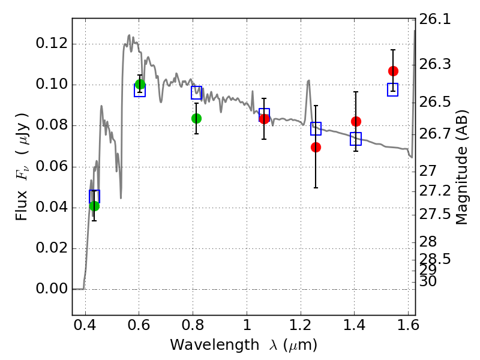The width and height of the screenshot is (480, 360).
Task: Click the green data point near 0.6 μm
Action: tap(140, 84)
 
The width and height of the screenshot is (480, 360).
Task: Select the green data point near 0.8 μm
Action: tap(197, 118)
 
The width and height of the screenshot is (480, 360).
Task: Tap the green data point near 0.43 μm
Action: tap(95, 206)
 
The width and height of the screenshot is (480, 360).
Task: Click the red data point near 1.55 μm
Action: tap(393, 71)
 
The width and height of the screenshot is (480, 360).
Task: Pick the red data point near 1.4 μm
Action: tap(356, 122)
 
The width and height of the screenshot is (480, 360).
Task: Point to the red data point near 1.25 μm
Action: tap(316, 147)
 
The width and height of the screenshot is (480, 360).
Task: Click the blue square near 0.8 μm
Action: tap(197, 92)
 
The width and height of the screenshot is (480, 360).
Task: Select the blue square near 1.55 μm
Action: tap(392, 89)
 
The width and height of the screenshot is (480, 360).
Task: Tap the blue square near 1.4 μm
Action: tap(356, 139)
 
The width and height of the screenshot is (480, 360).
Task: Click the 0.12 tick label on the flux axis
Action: tap(52, 43)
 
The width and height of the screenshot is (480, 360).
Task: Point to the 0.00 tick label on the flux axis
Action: tap(52, 289)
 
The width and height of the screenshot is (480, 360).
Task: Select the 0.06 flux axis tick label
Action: tap(52, 166)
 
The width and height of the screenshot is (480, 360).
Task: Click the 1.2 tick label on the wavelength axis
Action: tap(301, 325)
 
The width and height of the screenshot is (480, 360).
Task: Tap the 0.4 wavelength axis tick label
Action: tap(85, 325)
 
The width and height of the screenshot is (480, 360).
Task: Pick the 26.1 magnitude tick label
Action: tap(434, 19)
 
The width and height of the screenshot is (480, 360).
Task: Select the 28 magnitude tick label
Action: tap(428, 242)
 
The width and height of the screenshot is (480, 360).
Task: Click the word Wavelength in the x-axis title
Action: tap(215, 345)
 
